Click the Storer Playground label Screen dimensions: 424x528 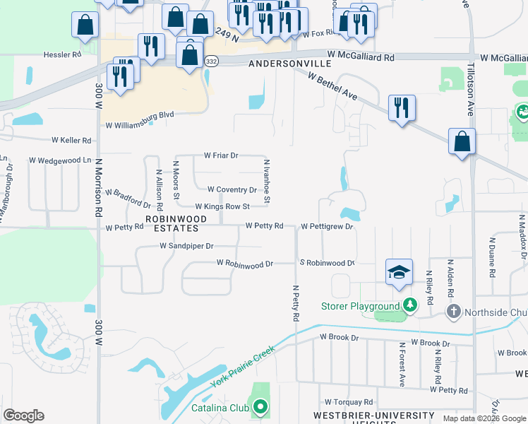360,306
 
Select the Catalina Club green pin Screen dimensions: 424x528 260,406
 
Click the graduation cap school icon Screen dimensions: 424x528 399,273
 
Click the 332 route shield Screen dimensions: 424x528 212,61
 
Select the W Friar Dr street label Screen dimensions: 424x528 222,155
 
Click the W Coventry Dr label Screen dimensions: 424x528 232,189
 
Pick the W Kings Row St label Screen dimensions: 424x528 222,206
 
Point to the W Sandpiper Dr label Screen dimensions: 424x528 186,246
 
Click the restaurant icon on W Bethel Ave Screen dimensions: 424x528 402,108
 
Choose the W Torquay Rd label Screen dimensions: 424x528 348,401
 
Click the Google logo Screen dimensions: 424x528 23,416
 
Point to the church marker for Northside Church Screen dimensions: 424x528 453,311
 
